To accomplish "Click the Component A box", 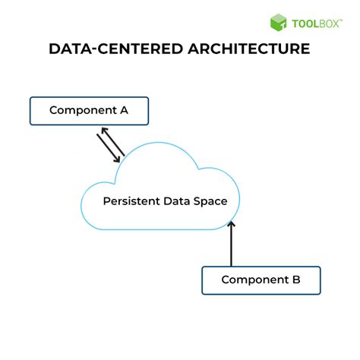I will (x=89, y=111).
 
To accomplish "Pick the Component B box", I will (x=261, y=280).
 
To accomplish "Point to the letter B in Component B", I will (x=295, y=280).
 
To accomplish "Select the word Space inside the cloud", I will (x=222, y=201).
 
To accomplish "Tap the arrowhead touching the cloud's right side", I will (x=232, y=223).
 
